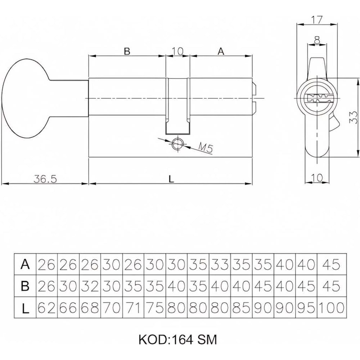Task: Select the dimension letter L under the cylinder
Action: pyautogui.click(x=171, y=178)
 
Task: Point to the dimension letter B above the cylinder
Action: pyautogui.click(x=127, y=51)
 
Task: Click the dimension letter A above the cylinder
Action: pyautogui.click(x=221, y=51)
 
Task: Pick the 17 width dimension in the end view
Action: pyautogui.click(x=317, y=19)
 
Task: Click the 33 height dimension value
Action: pyautogui.click(x=354, y=117)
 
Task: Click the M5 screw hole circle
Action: pyautogui.click(x=177, y=143)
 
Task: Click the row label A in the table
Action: pyautogui.click(x=25, y=265)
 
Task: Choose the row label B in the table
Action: pyautogui.click(x=25, y=286)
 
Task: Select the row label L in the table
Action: pyautogui.click(x=25, y=308)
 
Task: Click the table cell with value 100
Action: pyautogui.click(x=331, y=308)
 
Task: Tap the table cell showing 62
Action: pyautogui.click(x=46, y=308)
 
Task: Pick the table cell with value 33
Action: pyautogui.click(x=220, y=265)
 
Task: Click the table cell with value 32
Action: pyautogui.click(x=90, y=286)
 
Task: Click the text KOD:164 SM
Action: pyautogui.click(x=177, y=339)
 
